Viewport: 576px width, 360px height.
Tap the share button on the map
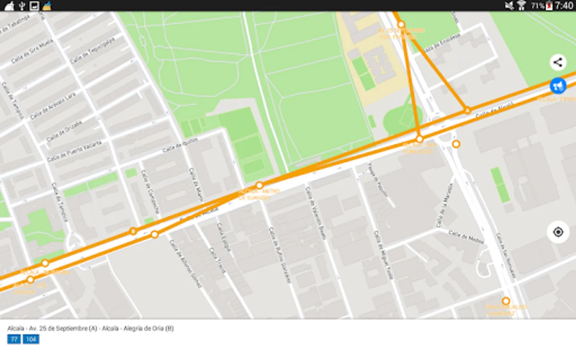point(558,62)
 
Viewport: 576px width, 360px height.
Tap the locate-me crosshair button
point(558,232)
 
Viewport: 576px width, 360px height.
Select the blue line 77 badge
point(14,339)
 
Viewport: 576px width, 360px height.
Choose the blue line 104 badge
point(31,339)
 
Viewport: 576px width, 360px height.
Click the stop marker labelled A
point(467,110)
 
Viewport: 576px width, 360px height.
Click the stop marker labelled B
point(133,231)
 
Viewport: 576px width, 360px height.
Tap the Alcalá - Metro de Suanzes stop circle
point(259,185)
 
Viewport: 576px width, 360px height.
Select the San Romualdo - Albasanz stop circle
point(506,301)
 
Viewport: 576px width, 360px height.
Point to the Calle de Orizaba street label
point(64,131)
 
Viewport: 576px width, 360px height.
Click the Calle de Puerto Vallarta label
point(74,151)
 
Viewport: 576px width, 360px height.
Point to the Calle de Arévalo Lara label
point(53,106)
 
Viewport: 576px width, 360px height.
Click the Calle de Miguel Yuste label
point(383,255)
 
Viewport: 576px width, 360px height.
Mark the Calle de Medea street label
point(466,237)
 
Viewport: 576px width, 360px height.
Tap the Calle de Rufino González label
point(279,255)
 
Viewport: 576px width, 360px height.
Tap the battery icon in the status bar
point(549,6)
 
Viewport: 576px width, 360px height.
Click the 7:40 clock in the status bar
point(564,6)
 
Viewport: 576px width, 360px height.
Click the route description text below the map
point(90,328)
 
